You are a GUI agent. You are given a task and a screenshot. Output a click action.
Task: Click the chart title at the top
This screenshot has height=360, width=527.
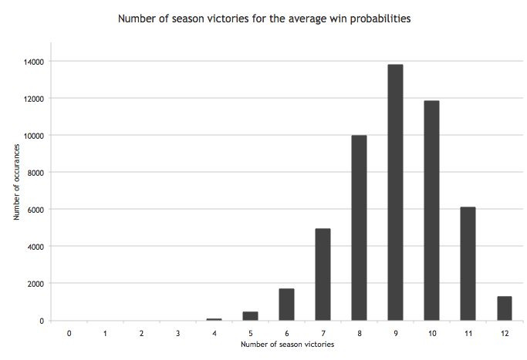coord(263,17)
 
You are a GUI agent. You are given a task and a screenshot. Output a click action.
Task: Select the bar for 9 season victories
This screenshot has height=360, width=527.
coord(395,193)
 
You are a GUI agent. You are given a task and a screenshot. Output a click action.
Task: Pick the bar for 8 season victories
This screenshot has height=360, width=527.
coord(359,228)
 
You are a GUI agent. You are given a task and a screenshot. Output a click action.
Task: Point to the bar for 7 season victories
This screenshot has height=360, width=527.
coord(323,274)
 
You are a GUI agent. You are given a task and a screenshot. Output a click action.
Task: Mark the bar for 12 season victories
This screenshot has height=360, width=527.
coord(504,308)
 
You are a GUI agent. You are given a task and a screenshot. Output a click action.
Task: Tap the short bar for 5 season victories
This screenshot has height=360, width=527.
coord(250,316)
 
